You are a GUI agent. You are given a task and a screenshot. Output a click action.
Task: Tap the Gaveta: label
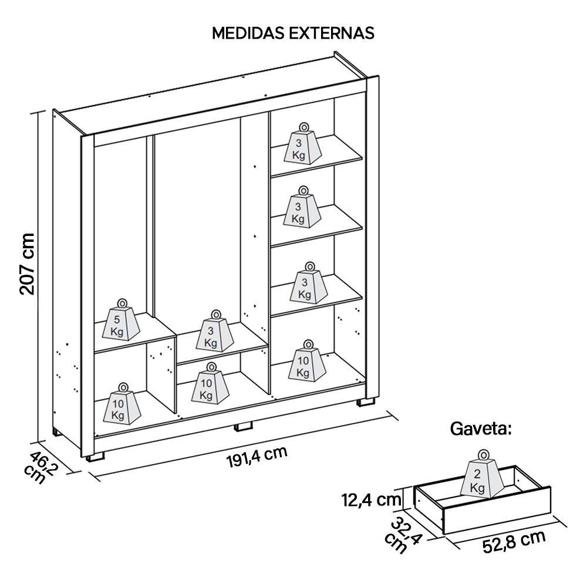click(x=481, y=429)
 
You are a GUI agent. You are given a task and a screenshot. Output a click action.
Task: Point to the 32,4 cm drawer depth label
click(x=403, y=534)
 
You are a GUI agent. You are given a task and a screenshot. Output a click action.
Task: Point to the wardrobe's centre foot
click(x=242, y=426)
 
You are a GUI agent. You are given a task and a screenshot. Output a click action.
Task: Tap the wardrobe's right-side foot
click(x=366, y=403)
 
